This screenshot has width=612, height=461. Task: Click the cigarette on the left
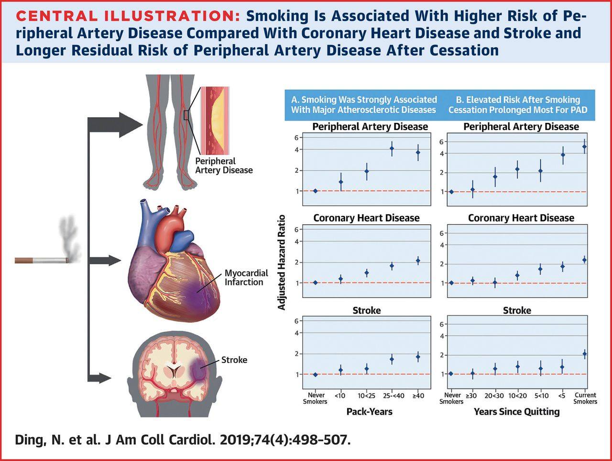click(x=41, y=261)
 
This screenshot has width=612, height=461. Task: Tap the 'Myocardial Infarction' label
click(x=246, y=277)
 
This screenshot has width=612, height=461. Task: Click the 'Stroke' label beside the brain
click(x=234, y=360)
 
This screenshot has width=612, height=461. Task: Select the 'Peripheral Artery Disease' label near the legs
click(x=224, y=165)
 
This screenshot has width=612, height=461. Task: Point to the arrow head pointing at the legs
click(x=131, y=124)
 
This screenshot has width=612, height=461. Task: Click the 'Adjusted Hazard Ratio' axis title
click(x=282, y=262)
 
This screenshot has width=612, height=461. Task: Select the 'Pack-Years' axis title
click(x=369, y=412)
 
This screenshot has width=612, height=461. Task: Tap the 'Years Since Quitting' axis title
click(x=516, y=412)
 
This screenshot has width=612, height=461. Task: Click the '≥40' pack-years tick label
click(x=418, y=396)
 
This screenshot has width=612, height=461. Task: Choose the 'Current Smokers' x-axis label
click(x=585, y=398)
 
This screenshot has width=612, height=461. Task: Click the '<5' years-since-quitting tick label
click(x=562, y=396)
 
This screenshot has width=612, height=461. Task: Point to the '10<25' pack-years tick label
click(x=367, y=396)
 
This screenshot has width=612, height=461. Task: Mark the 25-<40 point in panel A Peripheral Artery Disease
click(x=392, y=148)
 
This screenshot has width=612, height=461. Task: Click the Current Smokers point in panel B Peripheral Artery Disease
click(x=584, y=147)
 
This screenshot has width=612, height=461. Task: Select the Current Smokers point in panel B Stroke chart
click(x=584, y=354)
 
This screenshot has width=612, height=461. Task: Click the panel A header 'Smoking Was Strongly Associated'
click(x=364, y=104)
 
